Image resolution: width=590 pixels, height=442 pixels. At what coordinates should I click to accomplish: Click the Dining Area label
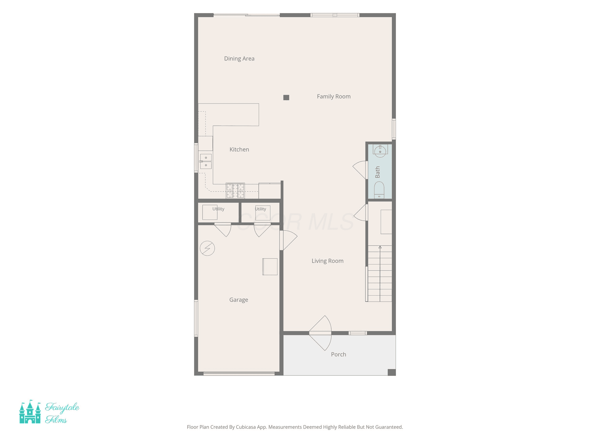239,59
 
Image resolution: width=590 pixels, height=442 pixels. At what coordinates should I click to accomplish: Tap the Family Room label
334,97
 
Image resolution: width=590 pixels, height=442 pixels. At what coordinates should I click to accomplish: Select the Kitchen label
239,150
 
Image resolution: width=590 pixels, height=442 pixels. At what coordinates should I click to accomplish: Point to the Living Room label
328,261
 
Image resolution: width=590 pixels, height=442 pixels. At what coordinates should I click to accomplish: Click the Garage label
239,300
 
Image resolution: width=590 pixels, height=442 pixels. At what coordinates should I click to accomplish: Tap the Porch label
339,355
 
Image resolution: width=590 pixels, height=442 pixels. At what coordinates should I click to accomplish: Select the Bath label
377,172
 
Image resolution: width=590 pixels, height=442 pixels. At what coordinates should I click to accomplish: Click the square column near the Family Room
286,98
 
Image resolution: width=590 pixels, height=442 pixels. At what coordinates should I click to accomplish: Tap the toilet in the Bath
379,190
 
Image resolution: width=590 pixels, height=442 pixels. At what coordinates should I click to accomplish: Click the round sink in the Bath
380,151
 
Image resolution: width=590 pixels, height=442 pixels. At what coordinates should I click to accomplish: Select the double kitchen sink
206,161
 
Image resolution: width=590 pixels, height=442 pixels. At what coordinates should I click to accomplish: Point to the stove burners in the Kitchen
235,191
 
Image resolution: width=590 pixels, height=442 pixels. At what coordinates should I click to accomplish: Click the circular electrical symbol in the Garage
207,248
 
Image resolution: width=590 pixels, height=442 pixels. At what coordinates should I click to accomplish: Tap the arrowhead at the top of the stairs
380,247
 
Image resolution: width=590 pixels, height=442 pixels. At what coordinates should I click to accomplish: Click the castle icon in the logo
30,412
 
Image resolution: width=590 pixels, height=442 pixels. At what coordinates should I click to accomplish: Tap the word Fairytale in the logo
62,407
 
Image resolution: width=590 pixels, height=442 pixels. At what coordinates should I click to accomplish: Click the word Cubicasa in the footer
246,427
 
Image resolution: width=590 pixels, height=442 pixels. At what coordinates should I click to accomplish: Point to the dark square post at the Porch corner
392,372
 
